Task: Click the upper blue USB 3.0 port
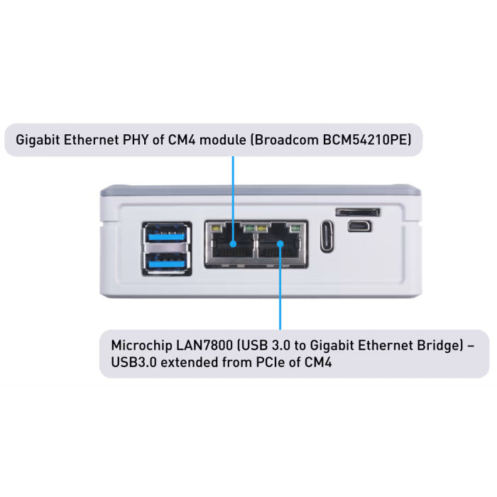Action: tap(167, 233)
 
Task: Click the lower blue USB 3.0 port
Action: tap(167, 261)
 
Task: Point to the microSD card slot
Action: tap(357, 212)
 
